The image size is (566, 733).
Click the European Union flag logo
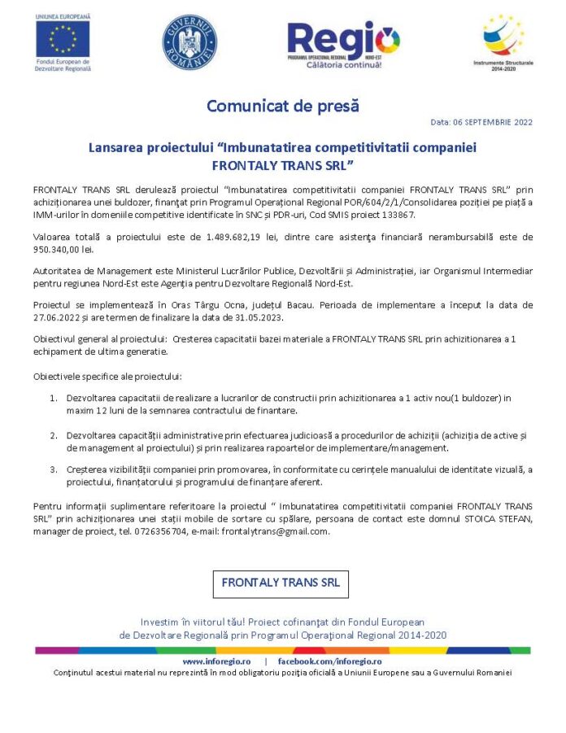pos(63,38)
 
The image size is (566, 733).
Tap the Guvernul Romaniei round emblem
pos(189,41)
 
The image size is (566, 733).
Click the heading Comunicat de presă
pos(282,106)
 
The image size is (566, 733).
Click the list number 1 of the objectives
pos(53,398)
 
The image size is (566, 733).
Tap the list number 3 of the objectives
pos(53,469)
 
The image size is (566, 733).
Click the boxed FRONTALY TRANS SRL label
pos(281,582)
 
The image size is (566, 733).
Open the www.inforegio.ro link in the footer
pos(216,661)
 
